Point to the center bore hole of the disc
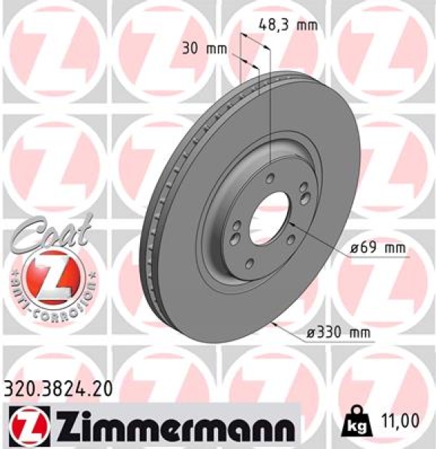point(269,216)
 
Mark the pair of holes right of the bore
point(305,194)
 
